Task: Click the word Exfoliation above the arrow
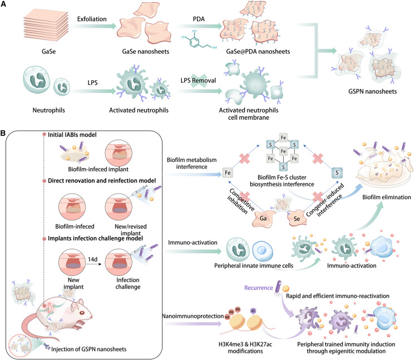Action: [x=92, y=19]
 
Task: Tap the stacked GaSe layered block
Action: [x=46, y=27]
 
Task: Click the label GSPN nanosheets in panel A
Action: [x=372, y=92]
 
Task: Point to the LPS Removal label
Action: [x=198, y=81]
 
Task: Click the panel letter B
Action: [x=3, y=133]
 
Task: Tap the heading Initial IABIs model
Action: [x=72, y=135]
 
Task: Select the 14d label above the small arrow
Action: [x=93, y=259]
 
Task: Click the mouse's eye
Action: [x=82, y=313]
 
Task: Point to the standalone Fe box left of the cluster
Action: [x=228, y=173]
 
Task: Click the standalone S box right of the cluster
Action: [x=337, y=173]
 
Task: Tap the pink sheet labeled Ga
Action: [x=263, y=218]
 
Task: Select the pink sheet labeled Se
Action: [x=297, y=218]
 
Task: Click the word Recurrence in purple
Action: [x=258, y=288]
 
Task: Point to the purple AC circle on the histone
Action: [x=253, y=311]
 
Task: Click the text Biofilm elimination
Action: [x=387, y=197]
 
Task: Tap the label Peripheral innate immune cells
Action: [x=254, y=265]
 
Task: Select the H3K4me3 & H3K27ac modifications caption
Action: [x=245, y=348]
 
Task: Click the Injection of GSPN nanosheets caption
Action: [x=88, y=349]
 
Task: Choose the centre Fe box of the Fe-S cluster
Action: [x=284, y=151]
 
